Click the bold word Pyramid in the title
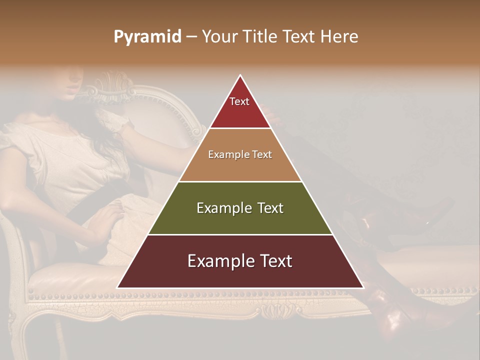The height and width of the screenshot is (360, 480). (147, 36)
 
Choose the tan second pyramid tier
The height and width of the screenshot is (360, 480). (240, 155)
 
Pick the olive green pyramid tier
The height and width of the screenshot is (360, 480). (240, 208)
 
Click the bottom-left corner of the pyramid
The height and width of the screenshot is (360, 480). (118, 287)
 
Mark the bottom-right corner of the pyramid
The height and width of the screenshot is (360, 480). (362, 287)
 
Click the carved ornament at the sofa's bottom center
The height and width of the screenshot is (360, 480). (274, 311)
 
